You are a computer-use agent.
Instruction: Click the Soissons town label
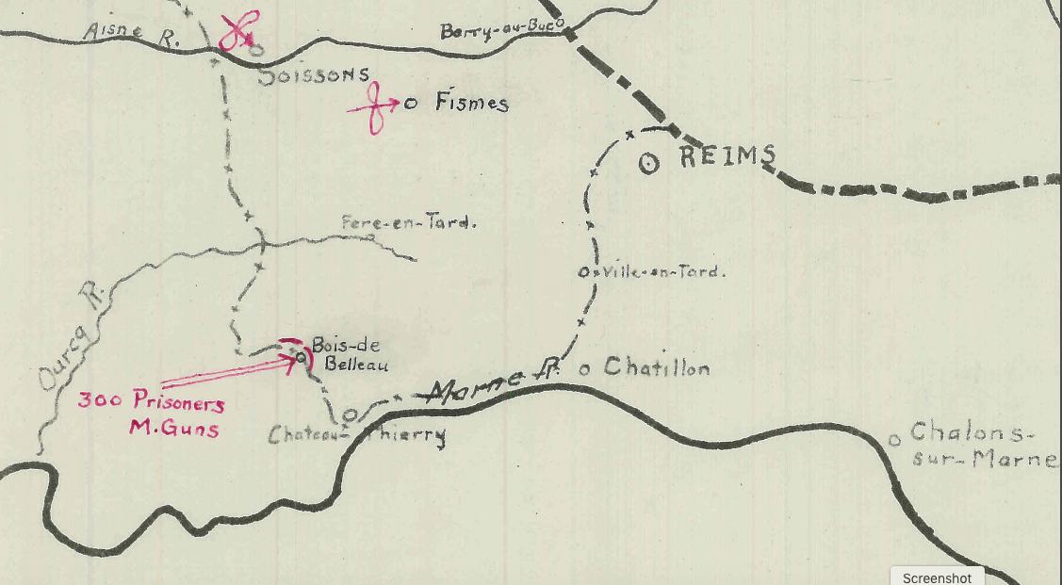[313, 75]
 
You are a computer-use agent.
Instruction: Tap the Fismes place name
[471, 103]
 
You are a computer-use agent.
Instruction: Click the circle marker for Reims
[648, 162]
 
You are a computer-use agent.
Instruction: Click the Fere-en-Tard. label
[409, 224]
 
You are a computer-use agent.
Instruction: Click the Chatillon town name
[656, 366]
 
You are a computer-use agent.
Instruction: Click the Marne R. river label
[491, 382]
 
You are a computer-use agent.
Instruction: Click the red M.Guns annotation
[173, 430]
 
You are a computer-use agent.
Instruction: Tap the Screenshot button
[938, 577]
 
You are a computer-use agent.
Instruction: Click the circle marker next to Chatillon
[584, 369]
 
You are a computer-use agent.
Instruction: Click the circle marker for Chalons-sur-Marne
[894, 439]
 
